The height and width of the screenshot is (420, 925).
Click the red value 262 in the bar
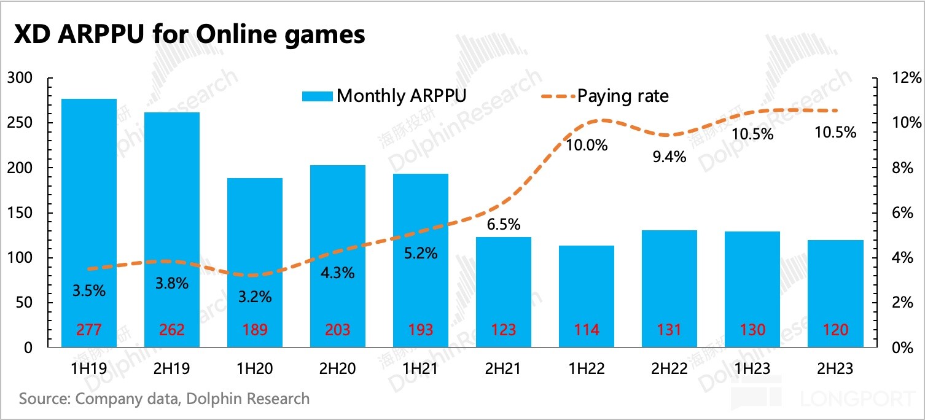pyautogui.click(x=172, y=330)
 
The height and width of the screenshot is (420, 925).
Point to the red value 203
pyautogui.click(x=338, y=330)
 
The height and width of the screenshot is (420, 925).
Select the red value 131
pyautogui.click(x=669, y=330)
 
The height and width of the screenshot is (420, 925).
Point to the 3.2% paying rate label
pyautogui.click(x=254, y=297)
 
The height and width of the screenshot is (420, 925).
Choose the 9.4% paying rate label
pyautogui.click(x=669, y=157)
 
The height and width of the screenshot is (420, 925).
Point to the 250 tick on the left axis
pyautogui.click(x=22, y=123)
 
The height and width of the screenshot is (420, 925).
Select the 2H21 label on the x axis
pyautogui.click(x=504, y=368)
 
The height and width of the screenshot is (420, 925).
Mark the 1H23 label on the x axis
pyautogui.click(x=752, y=368)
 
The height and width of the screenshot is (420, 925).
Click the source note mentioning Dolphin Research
pyautogui.click(x=165, y=399)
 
